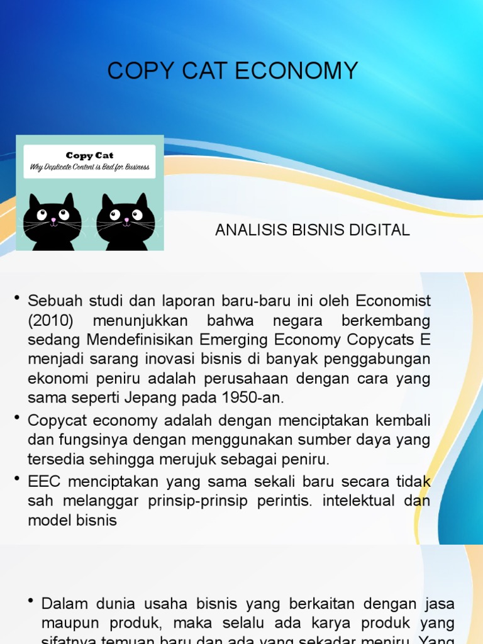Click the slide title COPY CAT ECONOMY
pyautogui.click(x=233, y=71)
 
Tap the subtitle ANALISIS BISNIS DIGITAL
pyautogui.click(x=312, y=230)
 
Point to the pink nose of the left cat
pyautogui.click(x=53, y=220)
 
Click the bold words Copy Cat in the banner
pyautogui.click(x=90, y=155)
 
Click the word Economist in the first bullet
pyautogui.click(x=392, y=301)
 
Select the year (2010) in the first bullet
pyautogui.click(x=51, y=321)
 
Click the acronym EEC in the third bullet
pyautogui.click(x=43, y=482)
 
